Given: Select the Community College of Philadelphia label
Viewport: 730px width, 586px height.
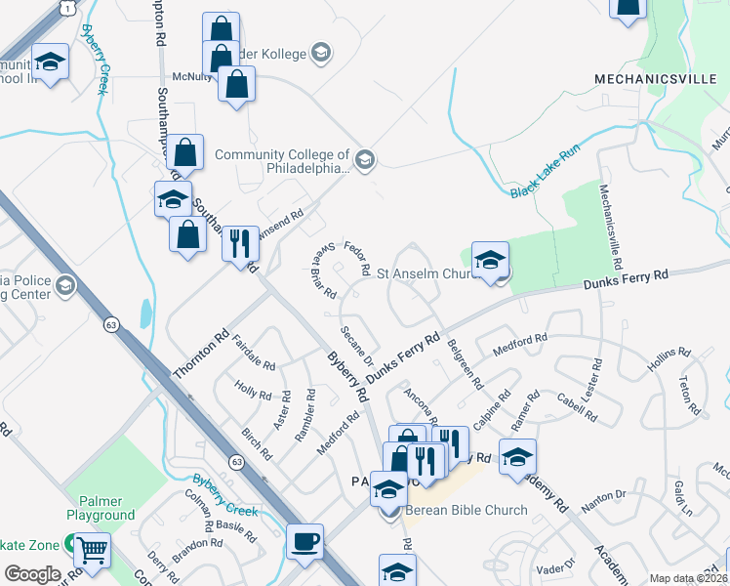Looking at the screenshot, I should click(282, 161).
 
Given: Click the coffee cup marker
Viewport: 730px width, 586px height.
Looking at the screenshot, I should click(305, 542).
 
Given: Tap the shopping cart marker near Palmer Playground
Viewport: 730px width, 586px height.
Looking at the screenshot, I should click(93, 552).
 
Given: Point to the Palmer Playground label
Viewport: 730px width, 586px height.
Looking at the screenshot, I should click(101, 507).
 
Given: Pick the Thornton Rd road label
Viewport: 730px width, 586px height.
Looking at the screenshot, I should click(200, 353).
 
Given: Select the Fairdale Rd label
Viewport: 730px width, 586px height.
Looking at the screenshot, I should click(254, 353).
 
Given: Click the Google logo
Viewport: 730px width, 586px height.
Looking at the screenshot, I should click(32, 574).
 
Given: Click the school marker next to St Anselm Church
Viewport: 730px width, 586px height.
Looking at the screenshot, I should click(490, 259).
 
